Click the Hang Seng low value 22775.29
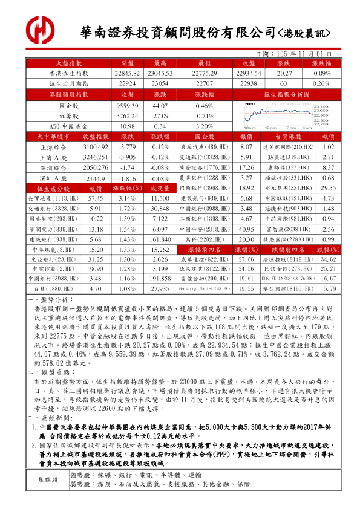point(204,73)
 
